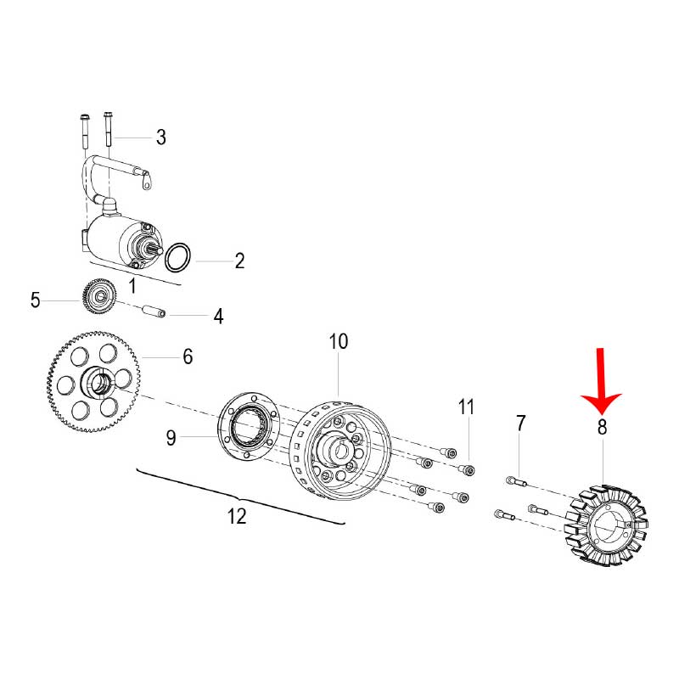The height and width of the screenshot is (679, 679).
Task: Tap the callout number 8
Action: (x=602, y=427)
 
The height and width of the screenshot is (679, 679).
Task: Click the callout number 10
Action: (x=339, y=342)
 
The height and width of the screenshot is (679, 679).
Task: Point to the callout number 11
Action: (x=466, y=407)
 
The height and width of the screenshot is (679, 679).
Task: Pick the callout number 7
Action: (x=520, y=423)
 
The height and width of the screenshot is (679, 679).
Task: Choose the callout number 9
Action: (x=171, y=438)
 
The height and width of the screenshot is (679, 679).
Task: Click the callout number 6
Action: (x=187, y=356)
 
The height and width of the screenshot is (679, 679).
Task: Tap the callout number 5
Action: (x=36, y=300)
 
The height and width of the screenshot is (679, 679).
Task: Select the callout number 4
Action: (x=218, y=317)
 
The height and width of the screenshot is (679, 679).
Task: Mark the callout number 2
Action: (x=239, y=261)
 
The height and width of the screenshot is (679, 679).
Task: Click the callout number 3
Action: (x=160, y=137)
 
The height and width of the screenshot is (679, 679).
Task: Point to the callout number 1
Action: (x=132, y=281)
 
